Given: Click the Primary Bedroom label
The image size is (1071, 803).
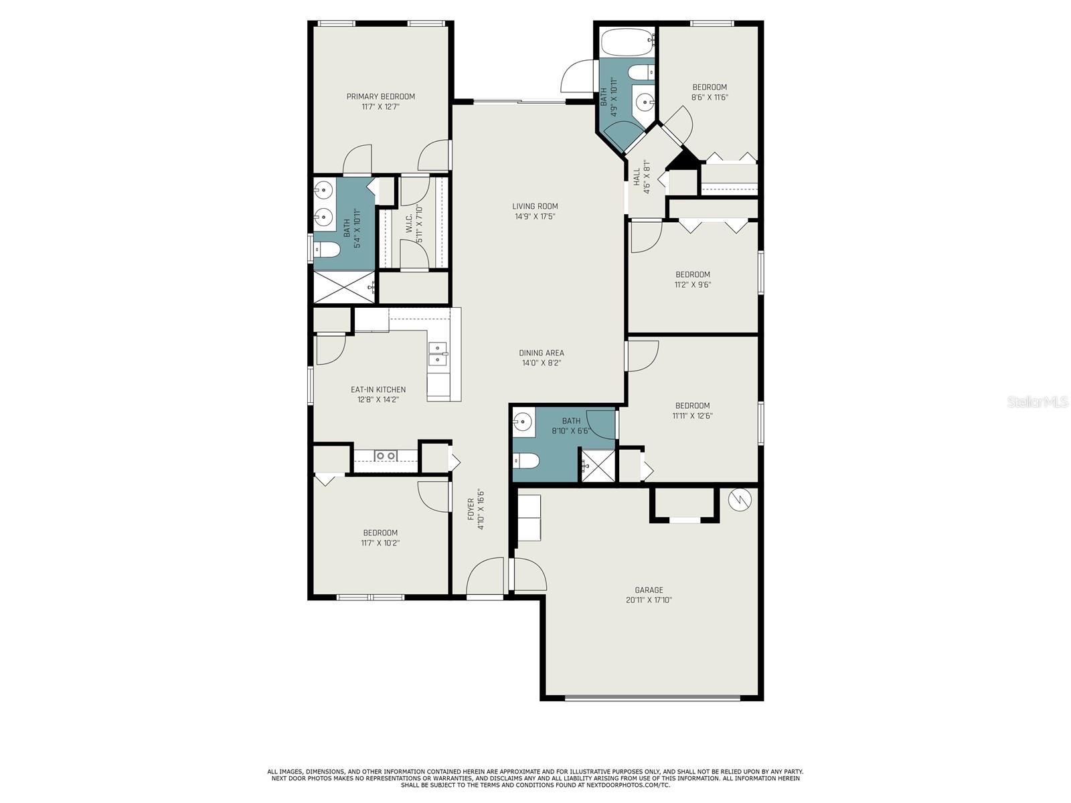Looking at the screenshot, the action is (381, 96).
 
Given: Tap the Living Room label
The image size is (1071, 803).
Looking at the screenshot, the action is (535, 206).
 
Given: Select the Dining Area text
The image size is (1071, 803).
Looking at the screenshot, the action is (541, 353).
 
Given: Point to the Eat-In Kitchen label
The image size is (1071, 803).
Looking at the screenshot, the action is (378, 389).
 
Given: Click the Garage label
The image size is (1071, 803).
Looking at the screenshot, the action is (649, 590).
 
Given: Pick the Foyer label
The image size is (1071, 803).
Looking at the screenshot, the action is (471, 509).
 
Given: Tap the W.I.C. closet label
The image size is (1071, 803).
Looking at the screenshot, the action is (409, 224).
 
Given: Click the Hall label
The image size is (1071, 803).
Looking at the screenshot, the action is (637, 177).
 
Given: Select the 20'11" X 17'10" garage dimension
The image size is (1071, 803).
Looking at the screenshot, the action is (649, 600).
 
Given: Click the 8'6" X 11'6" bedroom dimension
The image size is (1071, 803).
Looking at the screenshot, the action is (710, 97).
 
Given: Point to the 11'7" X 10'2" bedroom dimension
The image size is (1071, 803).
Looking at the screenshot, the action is (381, 543).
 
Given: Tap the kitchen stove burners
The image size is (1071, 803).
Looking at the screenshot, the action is (386, 456).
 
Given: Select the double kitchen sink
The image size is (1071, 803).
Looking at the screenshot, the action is (438, 353).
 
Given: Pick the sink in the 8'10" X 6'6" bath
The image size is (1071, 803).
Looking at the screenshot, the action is (523, 420).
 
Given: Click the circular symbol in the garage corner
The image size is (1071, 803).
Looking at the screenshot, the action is (740, 500).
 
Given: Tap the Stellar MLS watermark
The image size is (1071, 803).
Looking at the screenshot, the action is (1038, 402).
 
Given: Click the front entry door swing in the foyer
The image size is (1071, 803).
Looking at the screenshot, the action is (485, 575).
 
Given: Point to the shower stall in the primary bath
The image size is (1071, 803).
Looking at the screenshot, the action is (345, 287).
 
